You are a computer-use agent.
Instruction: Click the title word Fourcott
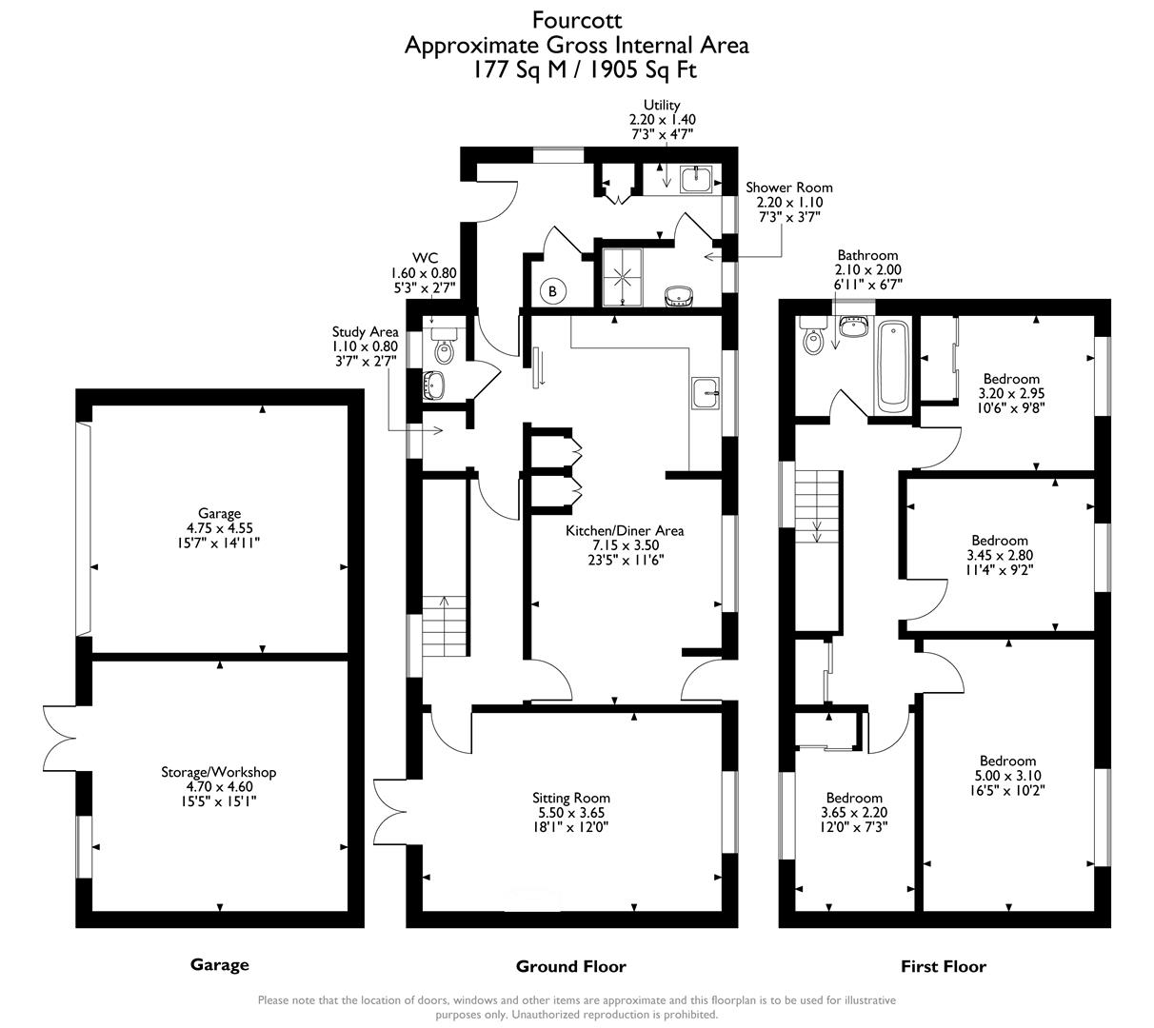coord(576,19)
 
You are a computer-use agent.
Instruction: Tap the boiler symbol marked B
coord(552,291)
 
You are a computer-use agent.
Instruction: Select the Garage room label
coord(219,513)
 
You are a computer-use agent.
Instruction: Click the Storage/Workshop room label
coord(218,772)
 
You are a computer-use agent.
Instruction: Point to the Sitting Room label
coord(571,798)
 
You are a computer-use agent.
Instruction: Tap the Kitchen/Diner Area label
coord(625,530)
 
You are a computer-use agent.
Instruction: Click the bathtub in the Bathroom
coord(894,366)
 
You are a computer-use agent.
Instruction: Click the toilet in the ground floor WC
coord(445,349)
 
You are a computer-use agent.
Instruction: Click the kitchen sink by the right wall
coord(706,391)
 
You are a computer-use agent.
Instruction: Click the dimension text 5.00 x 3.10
coord(1007,776)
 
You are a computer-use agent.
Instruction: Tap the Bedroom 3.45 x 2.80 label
coord(1000,541)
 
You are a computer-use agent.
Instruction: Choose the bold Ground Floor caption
coord(570,966)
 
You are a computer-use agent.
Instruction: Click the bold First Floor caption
coord(943,966)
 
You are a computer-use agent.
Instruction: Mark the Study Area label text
coord(365,331)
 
